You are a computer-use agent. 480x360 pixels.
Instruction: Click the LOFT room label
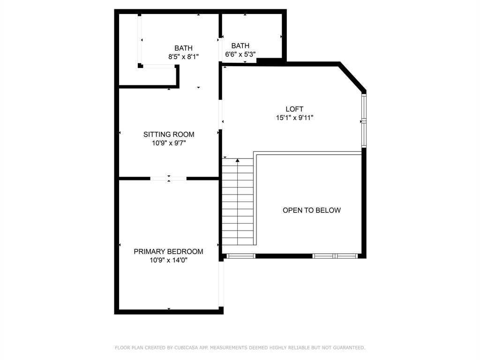[294, 109]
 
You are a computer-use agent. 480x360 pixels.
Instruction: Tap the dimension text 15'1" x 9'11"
[294, 118]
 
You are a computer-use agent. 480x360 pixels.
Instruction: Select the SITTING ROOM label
[169, 135]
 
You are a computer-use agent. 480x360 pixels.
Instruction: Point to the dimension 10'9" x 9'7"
[169, 143]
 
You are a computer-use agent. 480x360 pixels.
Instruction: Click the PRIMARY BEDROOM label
[168, 251]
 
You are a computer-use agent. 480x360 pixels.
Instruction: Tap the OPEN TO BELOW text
[312, 210]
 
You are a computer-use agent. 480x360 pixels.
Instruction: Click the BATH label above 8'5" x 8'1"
[183, 48]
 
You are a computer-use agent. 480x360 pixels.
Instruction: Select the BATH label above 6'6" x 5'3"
[240, 46]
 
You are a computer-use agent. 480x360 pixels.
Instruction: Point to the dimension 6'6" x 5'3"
[240, 54]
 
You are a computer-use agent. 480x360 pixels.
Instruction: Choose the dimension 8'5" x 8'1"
[183, 57]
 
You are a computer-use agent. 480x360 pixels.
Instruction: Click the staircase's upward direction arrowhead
[238, 161]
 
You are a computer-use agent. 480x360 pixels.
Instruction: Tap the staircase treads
[238, 206]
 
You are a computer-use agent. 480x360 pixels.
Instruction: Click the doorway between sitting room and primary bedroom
[169, 178]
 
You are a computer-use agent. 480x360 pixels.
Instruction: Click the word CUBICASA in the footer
[186, 348]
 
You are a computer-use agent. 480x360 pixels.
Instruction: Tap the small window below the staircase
[240, 256]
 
